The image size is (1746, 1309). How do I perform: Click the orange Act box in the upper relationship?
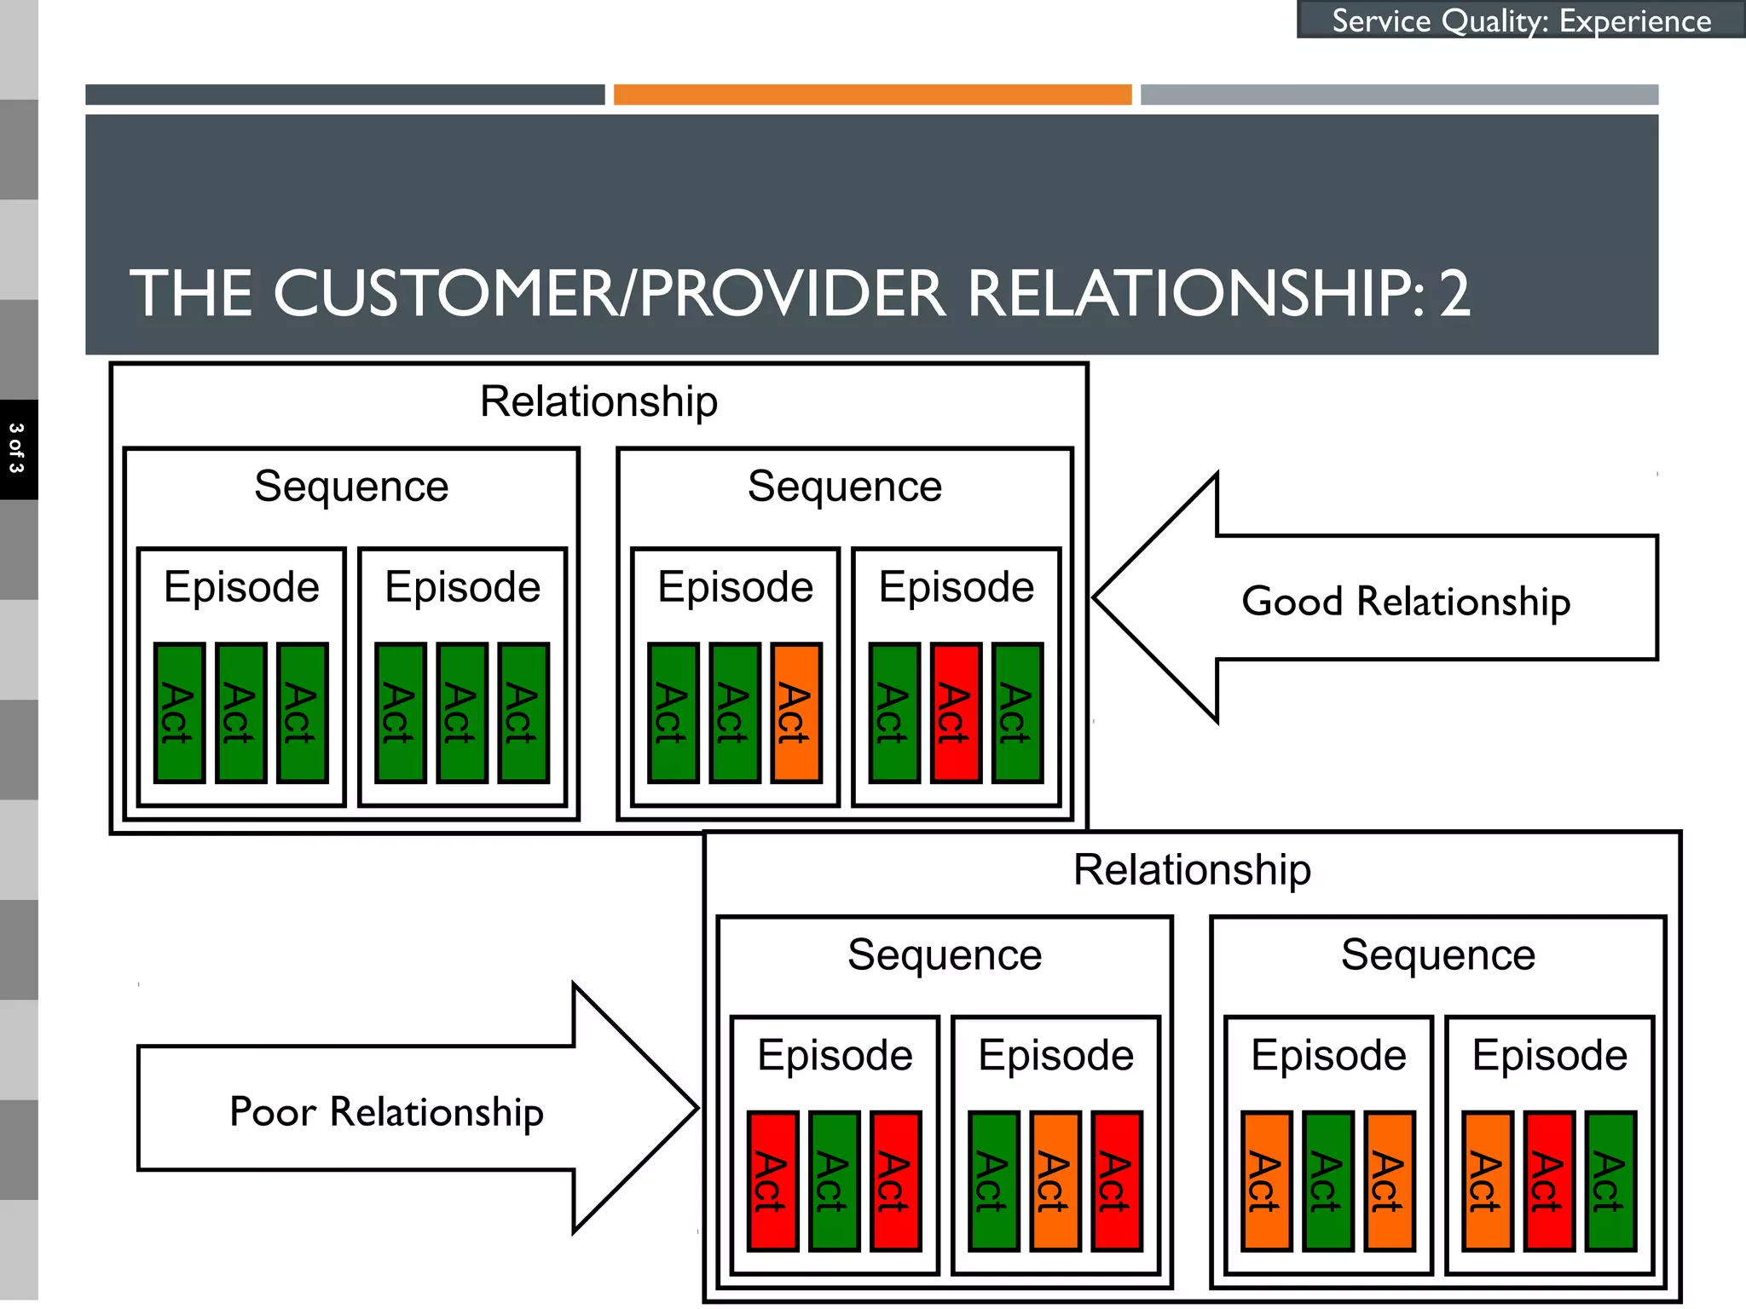click(796, 712)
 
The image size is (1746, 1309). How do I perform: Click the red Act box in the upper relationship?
click(956, 712)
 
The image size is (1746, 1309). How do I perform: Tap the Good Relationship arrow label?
click(1405, 601)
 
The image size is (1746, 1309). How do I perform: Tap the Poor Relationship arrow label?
click(386, 1111)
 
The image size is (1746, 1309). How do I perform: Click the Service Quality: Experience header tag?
click(1521, 20)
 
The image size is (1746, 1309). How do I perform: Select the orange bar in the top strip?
click(872, 95)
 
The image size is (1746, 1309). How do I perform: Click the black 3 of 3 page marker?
click(18, 449)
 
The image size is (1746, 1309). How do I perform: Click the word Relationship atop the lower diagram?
click(1191, 869)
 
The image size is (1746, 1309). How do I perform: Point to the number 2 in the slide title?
click(1454, 294)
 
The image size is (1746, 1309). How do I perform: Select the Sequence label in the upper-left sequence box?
click(351, 487)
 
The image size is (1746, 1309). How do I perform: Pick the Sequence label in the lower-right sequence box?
click(1437, 954)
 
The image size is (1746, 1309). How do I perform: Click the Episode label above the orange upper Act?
click(735, 587)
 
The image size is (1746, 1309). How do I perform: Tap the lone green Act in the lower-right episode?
click(1610, 1181)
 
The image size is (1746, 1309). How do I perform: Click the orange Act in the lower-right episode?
click(1488, 1181)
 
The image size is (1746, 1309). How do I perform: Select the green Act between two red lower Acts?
click(834, 1181)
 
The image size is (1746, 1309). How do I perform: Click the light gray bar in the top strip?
click(1399, 95)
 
